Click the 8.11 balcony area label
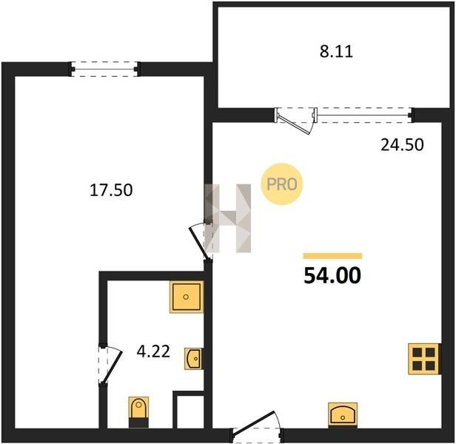(x=336, y=52)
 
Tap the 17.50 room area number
(x=111, y=190)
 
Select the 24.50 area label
(x=402, y=145)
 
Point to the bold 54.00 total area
(x=332, y=275)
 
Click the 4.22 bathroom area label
(x=153, y=351)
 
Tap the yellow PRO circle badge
(x=281, y=184)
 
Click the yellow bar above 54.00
(x=332, y=255)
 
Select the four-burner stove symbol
(x=424, y=359)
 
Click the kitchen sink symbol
(x=343, y=414)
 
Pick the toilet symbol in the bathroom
(x=138, y=411)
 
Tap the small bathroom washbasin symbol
(x=193, y=359)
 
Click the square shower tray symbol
(x=187, y=297)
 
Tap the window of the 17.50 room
(x=104, y=70)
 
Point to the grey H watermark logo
(x=228, y=218)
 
